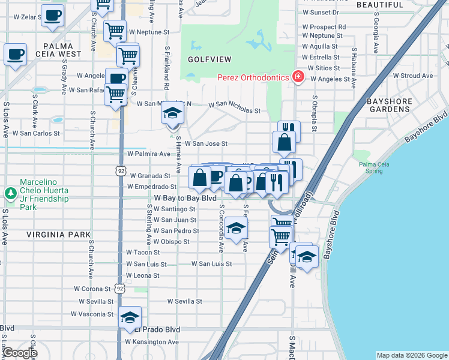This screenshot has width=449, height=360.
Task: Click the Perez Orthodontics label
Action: click(x=252, y=77)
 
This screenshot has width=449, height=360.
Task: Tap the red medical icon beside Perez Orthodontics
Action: click(x=297, y=77)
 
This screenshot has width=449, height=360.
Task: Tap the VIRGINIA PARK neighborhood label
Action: click(x=58, y=235)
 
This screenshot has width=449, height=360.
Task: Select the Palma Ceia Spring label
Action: click(x=376, y=167)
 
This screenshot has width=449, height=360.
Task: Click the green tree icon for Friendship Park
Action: click(x=10, y=193)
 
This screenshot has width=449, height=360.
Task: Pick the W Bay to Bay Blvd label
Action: click(x=185, y=197)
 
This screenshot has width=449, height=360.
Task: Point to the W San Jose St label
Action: click(x=206, y=143)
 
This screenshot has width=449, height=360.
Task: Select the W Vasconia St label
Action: click(x=92, y=314)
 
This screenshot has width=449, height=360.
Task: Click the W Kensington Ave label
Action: click(x=152, y=342)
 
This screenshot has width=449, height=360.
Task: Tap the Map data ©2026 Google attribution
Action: click(x=412, y=355)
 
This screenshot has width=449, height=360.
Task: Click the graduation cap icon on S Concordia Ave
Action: click(x=237, y=228)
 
